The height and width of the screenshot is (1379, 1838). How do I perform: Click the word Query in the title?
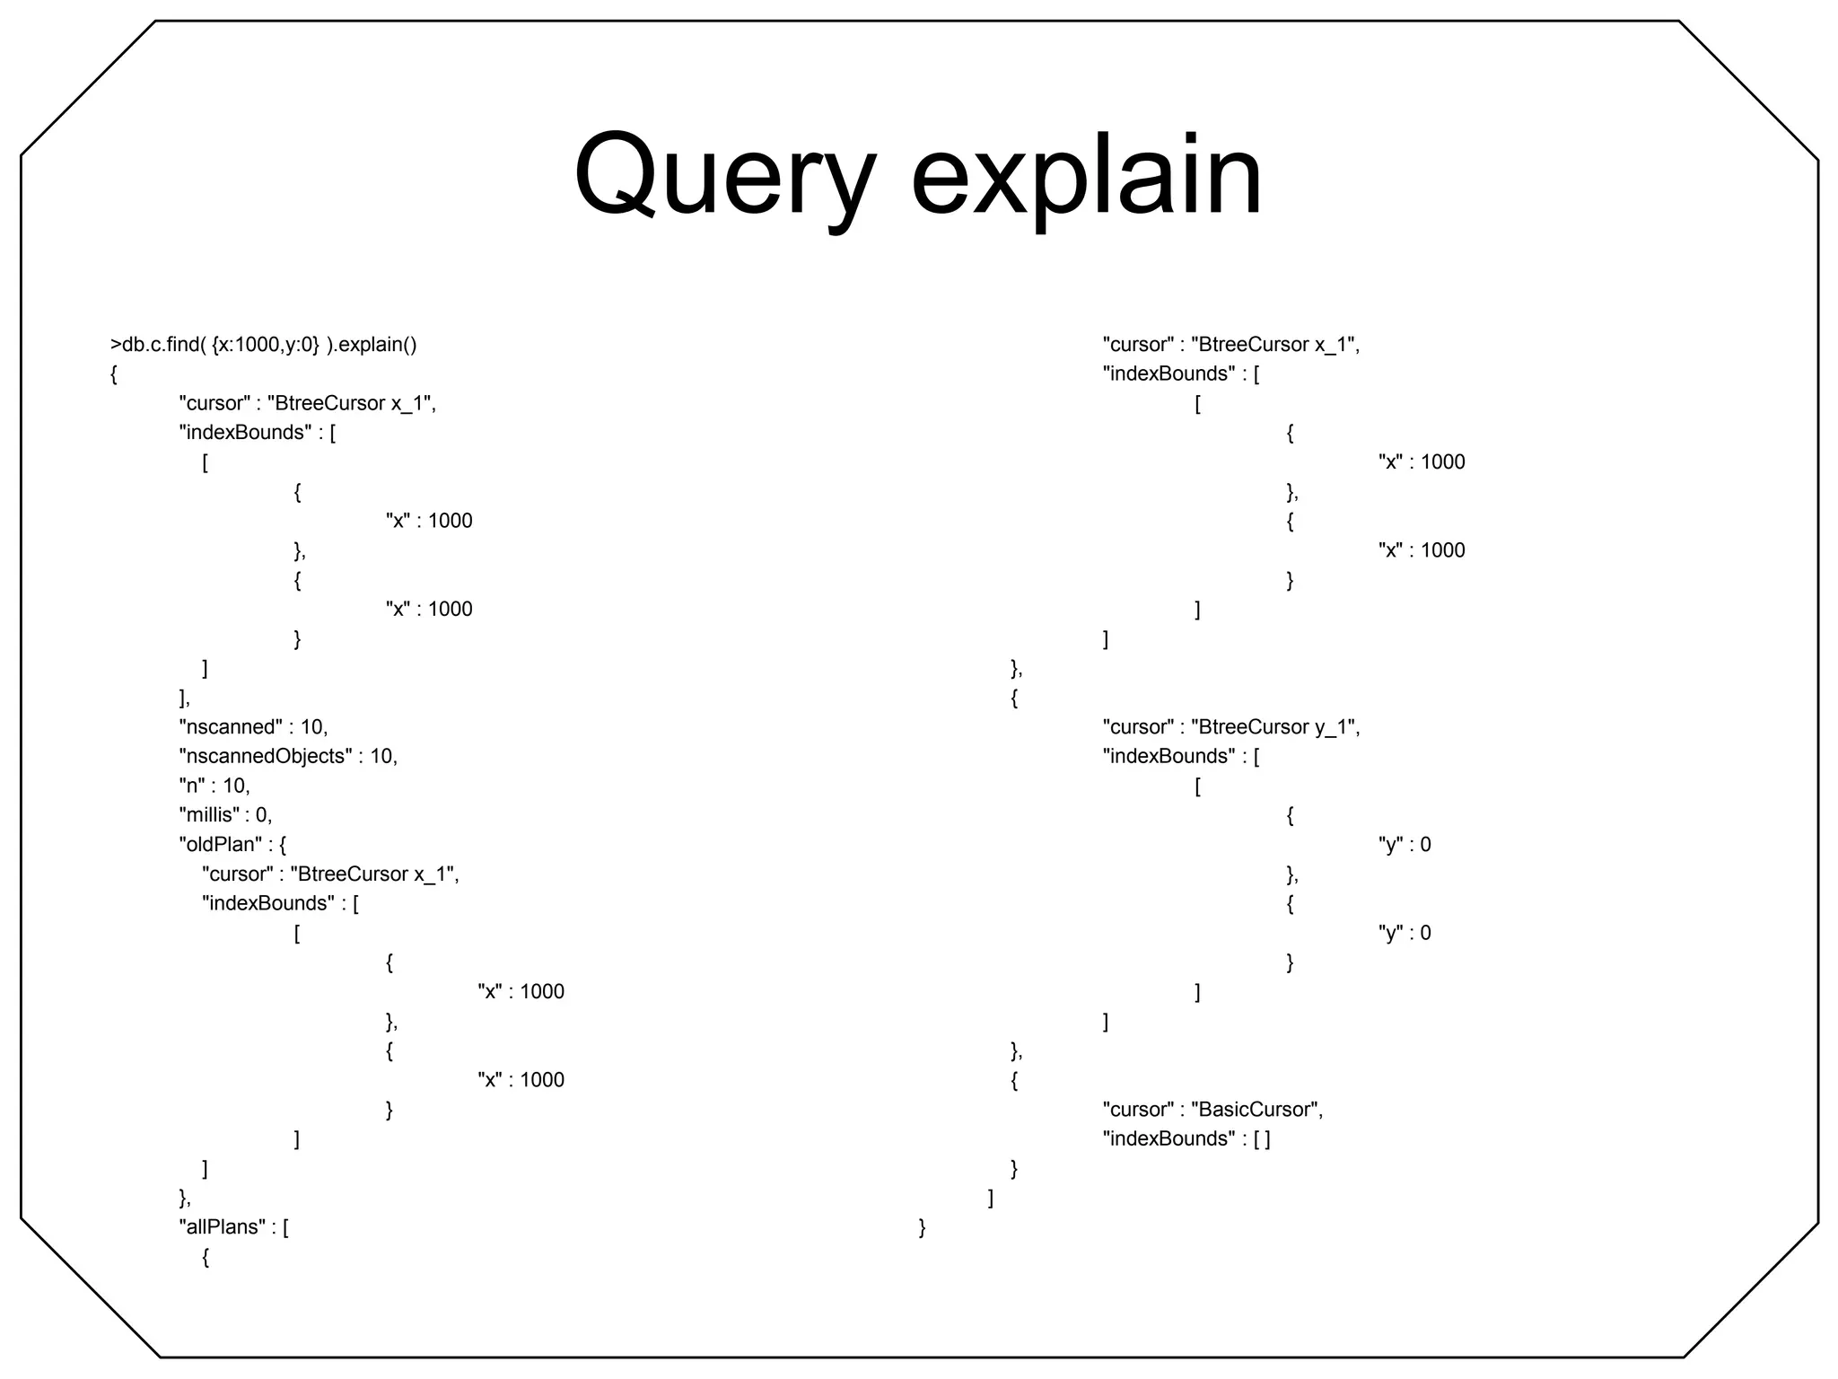(x=723, y=176)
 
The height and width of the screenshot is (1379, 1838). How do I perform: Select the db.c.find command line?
(x=263, y=345)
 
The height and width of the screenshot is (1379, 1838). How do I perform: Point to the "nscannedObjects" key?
(x=266, y=757)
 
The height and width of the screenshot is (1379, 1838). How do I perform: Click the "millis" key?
(x=208, y=815)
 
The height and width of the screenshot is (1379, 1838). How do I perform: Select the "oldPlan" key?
(x=220, y=845)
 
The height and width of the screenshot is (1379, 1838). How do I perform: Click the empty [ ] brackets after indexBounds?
(x=1262, y=1139)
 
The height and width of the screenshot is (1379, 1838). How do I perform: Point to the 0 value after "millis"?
(x=261, y=815)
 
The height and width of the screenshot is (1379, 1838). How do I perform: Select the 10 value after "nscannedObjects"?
(x=381, y=757)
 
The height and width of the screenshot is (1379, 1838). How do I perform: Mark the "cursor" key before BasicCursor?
(x=1138, y=1110)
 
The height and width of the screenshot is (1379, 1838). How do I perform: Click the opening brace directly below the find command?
(x=114, y=374)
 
